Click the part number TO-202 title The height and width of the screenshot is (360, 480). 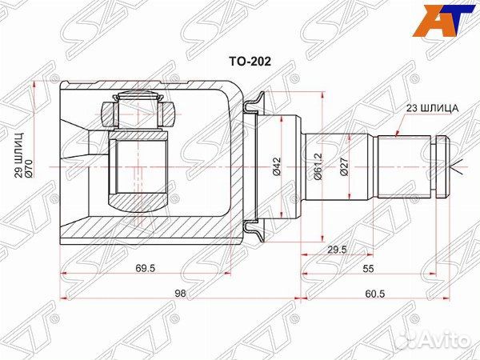(x=250, y=62)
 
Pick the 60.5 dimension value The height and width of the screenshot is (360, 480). (x=374, y=294)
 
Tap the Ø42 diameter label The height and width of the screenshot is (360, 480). (x=277, y=166)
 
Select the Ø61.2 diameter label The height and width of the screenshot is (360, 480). (x=317, y=166)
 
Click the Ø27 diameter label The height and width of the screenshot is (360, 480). (x=344, y=166)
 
